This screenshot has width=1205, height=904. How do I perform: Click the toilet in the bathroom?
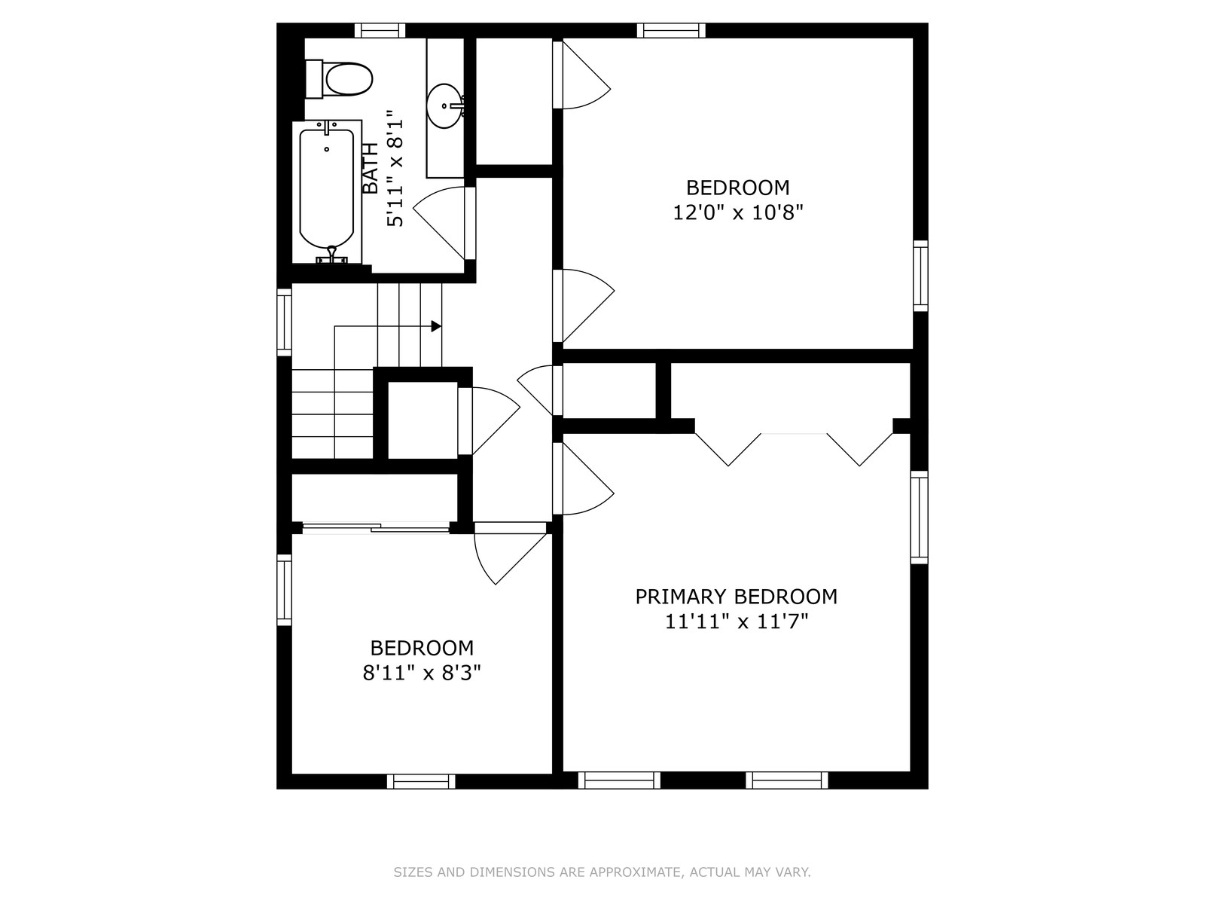[339, 79]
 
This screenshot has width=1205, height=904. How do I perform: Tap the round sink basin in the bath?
[445, 106]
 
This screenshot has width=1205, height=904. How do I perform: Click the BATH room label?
[371, 168]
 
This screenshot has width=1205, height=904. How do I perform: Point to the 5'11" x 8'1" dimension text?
[395, 168]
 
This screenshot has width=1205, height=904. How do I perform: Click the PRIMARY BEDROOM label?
[736, 597]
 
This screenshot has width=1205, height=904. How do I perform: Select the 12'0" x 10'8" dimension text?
[738, 212]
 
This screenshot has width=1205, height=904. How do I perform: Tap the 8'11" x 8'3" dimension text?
[422, 673]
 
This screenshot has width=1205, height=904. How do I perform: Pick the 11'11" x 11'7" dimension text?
[737, 622]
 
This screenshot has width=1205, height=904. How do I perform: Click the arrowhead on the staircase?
[436, 327]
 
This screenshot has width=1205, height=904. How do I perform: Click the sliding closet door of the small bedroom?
[376, 528]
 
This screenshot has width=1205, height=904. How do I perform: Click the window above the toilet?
[380, 30]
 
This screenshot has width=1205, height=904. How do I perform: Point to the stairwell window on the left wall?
[284, 322]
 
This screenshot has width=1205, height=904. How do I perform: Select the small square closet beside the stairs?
[423, 420]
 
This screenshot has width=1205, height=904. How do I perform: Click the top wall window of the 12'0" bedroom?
[671, 30]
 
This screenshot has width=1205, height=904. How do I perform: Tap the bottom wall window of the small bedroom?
[421, 781]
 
